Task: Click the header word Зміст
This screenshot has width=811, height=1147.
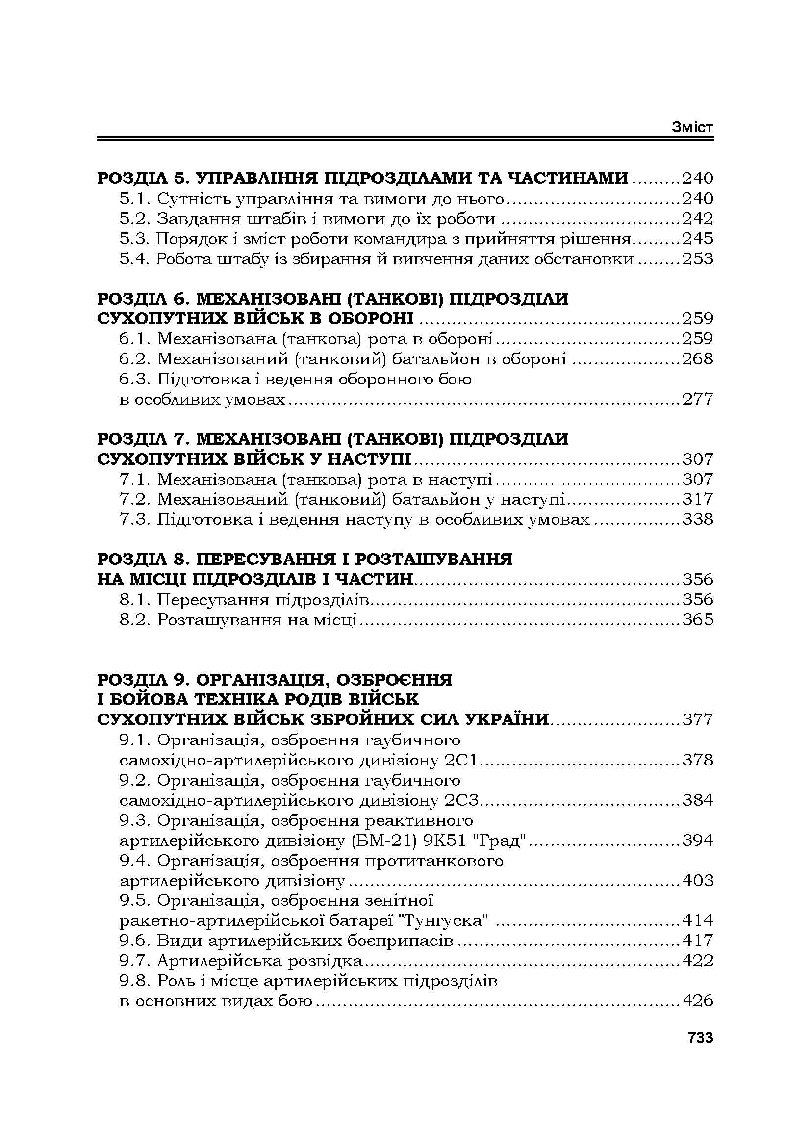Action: pos(692,127)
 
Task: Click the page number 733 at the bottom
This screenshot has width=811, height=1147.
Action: pos(700,1038)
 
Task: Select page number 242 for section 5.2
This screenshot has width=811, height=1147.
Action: pos(698,219)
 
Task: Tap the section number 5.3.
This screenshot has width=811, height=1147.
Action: pos(135,239)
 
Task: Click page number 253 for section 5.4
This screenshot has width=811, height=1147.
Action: pos(698,259)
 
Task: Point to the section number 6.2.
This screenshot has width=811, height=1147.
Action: pos(135,358)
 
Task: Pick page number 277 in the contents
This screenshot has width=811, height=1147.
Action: pos(698,399)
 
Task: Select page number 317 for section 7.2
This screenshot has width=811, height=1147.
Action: pos(698,499)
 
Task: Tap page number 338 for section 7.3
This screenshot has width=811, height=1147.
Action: pos(698,519)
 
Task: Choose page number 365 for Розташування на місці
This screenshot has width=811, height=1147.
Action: pos(698,619)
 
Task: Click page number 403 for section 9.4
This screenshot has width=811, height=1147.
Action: pos(698,880)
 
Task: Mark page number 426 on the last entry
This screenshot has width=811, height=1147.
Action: pos(698,1001)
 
